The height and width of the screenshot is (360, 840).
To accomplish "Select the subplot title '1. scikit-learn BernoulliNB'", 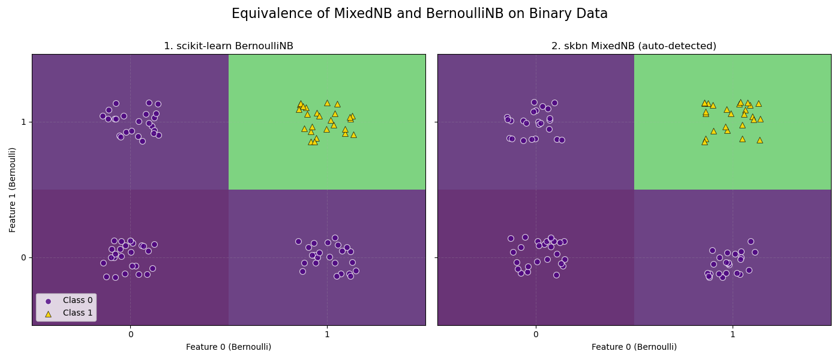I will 229,46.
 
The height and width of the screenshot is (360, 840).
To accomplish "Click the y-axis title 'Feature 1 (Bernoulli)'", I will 13,190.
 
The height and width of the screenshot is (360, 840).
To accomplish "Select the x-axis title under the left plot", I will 229,347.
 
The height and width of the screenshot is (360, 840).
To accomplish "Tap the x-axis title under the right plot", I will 634,347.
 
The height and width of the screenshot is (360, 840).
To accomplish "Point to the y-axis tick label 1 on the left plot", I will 24,122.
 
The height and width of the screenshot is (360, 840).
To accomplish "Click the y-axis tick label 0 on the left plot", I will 24,257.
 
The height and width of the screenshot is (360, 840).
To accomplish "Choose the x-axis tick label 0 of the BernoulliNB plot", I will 130,334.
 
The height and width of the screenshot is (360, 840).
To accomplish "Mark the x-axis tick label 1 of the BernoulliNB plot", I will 327,334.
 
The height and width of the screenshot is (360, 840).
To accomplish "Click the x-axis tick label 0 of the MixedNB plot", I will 536,334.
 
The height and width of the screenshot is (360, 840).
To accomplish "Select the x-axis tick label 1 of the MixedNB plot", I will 733,334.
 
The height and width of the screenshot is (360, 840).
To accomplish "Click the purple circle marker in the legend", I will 49,301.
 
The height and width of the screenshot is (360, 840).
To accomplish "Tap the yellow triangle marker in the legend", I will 49,313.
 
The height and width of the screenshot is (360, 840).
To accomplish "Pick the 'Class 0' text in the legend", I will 78,301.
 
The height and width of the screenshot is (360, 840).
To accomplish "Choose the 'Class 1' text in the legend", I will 78,313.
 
